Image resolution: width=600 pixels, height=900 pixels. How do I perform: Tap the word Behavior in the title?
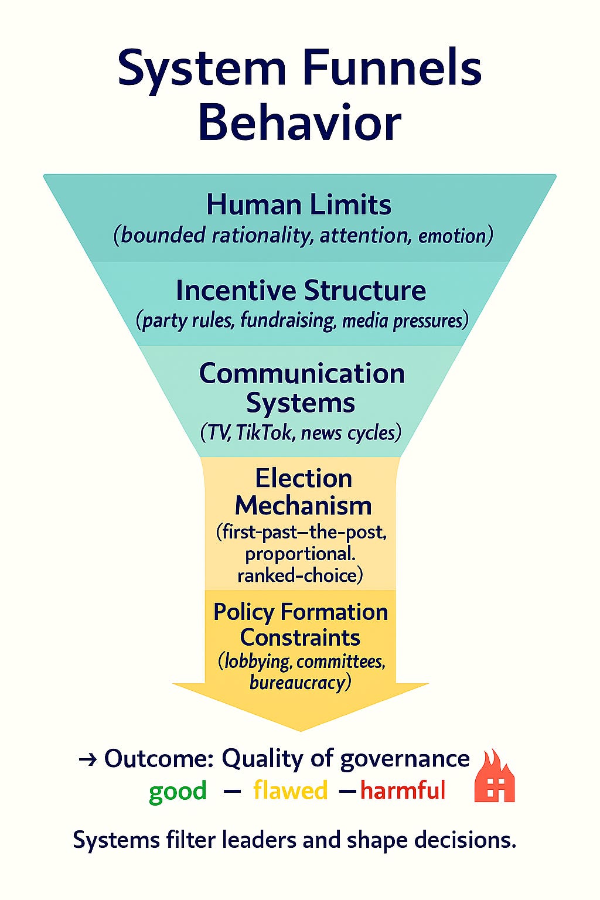coord(299,122)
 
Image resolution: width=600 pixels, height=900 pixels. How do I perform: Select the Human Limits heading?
coord(299,205)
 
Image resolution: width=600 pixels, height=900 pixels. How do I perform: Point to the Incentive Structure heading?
coord(301,291)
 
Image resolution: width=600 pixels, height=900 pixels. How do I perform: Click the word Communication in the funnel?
coord(302,374)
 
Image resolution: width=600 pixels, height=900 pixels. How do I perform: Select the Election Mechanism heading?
coord(303,492)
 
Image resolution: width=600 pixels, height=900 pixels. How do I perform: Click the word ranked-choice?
coord(300,575)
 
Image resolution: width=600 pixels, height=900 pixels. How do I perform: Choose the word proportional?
coord(300,554)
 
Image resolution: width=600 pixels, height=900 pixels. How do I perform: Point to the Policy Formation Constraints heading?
coord(300,625)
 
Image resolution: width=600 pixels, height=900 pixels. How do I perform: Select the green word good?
coord(178,791)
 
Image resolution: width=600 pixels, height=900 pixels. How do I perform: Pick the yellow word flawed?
coord(290,790)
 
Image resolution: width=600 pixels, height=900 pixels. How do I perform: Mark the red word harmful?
coord(403,790)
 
